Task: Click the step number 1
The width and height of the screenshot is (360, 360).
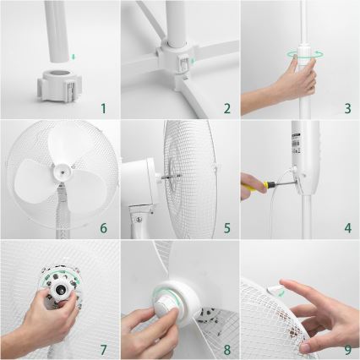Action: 102,107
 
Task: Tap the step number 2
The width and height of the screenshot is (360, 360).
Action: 226,107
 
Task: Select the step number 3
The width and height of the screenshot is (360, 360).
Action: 347,107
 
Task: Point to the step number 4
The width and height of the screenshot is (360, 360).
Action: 347,227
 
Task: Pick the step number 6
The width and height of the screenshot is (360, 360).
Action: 102,227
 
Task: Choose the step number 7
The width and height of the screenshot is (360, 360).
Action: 102,347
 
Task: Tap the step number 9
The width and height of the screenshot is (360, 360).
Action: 347,347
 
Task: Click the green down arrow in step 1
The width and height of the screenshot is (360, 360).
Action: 74,57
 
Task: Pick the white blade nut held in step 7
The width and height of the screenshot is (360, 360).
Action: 60,292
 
